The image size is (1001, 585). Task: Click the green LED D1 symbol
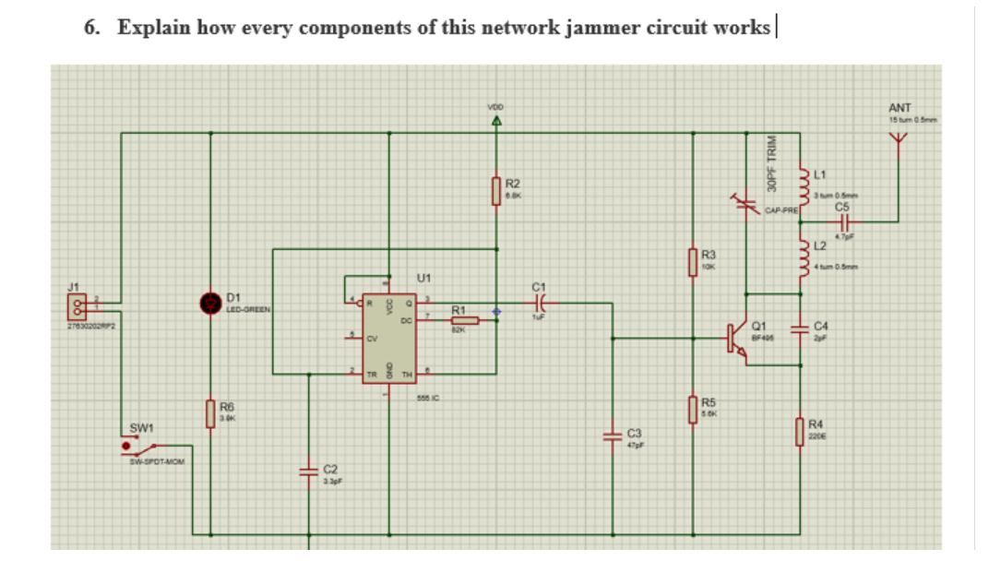[210, 302]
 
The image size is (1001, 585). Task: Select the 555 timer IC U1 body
[387, 338]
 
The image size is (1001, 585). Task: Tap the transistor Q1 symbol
[737, 338]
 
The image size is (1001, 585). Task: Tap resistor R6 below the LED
[210, 412]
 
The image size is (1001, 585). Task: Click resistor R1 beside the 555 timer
[465, 320]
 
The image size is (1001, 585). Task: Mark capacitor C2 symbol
[309, 472]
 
